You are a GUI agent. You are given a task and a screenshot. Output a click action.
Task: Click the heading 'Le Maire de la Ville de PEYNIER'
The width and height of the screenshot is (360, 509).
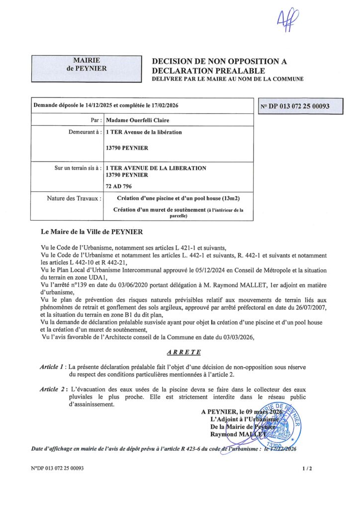92,232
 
